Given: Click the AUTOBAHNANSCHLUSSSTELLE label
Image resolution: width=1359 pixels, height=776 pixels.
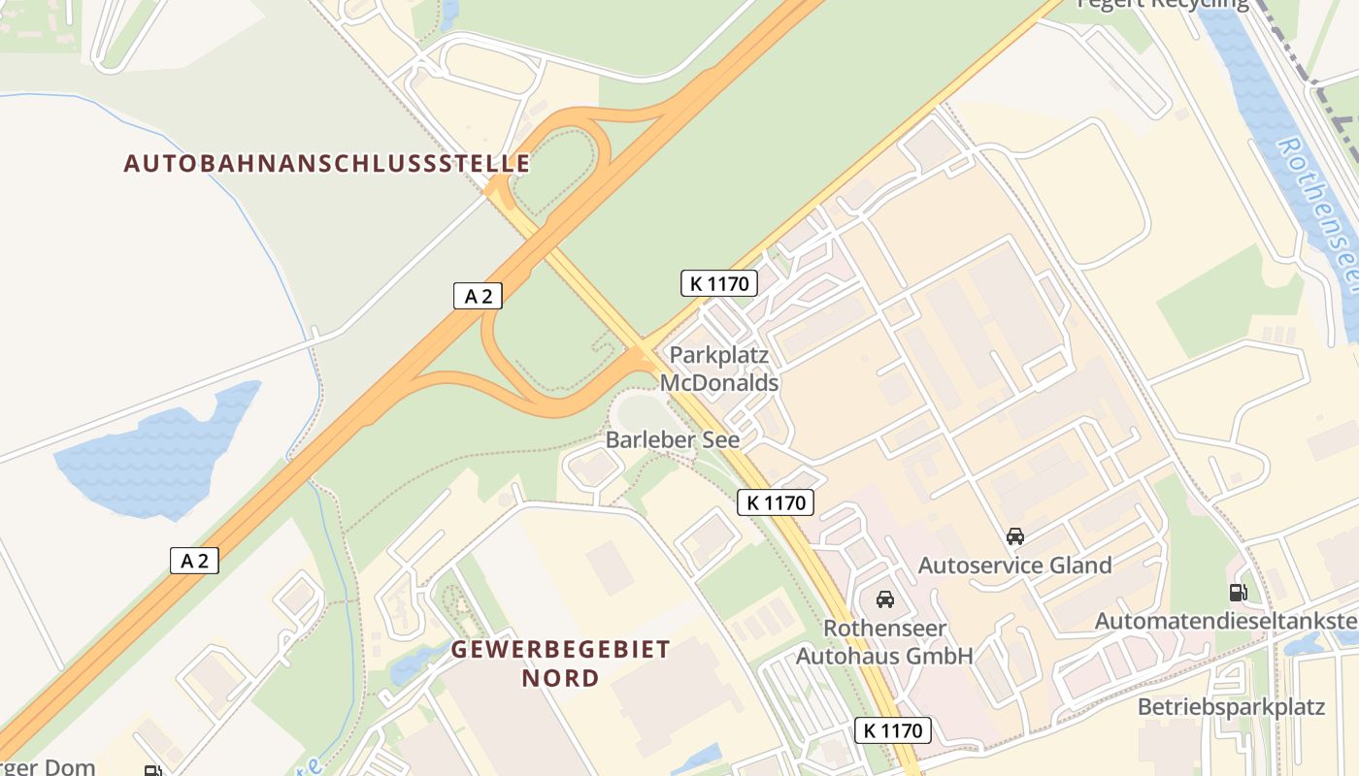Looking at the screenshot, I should (327, 163).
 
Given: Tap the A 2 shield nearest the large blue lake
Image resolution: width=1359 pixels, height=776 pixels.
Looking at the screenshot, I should (194, 560).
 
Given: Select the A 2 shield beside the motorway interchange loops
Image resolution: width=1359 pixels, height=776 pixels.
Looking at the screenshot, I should (478, 296).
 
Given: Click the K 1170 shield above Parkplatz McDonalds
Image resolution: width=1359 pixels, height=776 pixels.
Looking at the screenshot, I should (718, 283).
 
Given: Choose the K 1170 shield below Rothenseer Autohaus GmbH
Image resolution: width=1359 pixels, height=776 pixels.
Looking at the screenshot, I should (893, 730).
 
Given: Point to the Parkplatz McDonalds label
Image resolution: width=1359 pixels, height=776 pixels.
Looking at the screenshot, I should (719, 369).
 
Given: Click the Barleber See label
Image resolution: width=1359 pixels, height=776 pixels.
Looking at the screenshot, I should (673, 439).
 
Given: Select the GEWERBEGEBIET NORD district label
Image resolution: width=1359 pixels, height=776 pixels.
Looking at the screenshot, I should (561, 663).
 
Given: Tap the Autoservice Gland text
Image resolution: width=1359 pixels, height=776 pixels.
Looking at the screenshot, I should (1015, 565).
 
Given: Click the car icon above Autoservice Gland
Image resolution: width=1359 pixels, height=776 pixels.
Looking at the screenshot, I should (1015, 535).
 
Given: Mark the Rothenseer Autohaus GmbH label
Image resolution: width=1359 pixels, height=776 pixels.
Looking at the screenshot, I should (884, 642).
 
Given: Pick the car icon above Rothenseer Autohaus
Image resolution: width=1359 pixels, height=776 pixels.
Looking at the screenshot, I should (884, 599).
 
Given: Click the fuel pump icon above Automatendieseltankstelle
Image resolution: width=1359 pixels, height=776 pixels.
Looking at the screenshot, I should (1238, 592).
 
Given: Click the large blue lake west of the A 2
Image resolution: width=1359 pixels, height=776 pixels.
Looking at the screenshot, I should (160, 451).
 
